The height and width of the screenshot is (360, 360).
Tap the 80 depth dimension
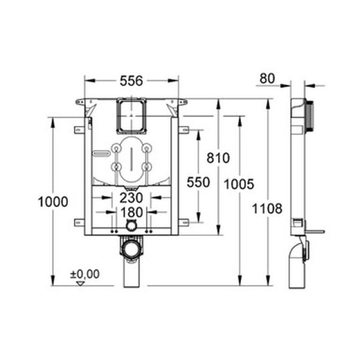[x=268, y=78]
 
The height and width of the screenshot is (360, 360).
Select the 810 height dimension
[x=218, y=158]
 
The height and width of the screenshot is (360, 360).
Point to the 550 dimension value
[x=198, y=182]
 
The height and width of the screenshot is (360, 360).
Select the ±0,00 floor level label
[x=85, y=274]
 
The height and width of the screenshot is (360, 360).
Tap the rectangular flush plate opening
[x=131, y=116]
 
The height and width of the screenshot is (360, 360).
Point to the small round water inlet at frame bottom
[x=131, y=226]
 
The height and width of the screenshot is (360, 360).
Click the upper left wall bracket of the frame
[x=78, y=129]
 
